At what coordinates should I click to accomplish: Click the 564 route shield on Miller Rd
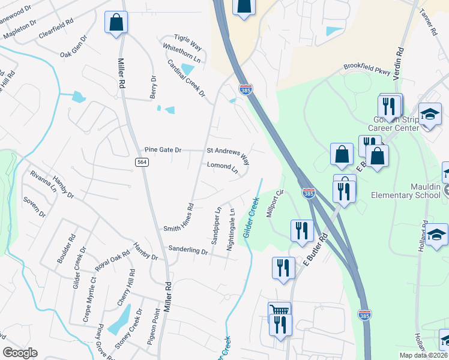click(x=142, y=162)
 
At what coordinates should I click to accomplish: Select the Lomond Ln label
click(x=222, y=168)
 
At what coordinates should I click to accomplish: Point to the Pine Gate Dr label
click(x=163, y=150)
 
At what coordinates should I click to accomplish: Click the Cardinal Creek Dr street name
click(x=186, y=79)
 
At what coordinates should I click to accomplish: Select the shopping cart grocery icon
click(x=279, y=311)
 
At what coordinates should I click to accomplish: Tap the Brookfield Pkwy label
click(x=366, y=68)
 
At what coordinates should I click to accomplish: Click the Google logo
click(x=20, y=353)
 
